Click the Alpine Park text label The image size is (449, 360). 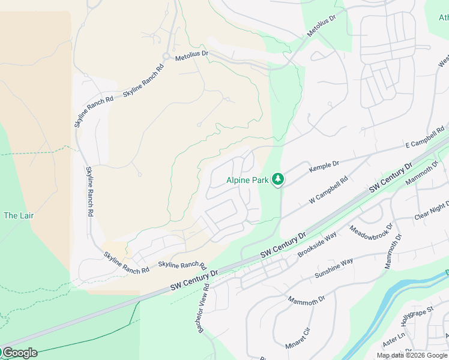(x=246, y=179)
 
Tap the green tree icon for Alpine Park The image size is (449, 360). (x=277, y=179)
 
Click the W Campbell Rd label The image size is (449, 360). (x=328, y=190)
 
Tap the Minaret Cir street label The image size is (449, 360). (x=299, y=339)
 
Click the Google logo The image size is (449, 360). (x=19, y=353)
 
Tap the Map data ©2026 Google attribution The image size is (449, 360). (x=412, y=355)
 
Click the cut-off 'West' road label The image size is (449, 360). (x=443, y=61)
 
